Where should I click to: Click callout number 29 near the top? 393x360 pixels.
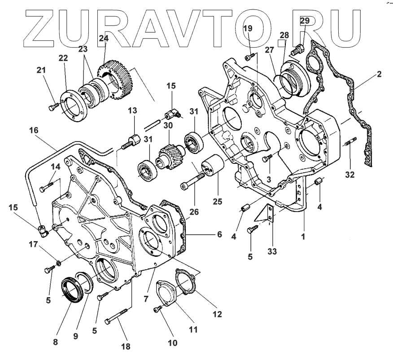(x=305, y=21)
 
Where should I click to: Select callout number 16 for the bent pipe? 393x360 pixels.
(x=34, y=130)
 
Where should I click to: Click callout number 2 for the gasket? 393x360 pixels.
(x=379, y=75)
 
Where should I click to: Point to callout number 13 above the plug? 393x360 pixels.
(x=131, y=111)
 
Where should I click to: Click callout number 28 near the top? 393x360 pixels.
(x=284, y=35)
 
